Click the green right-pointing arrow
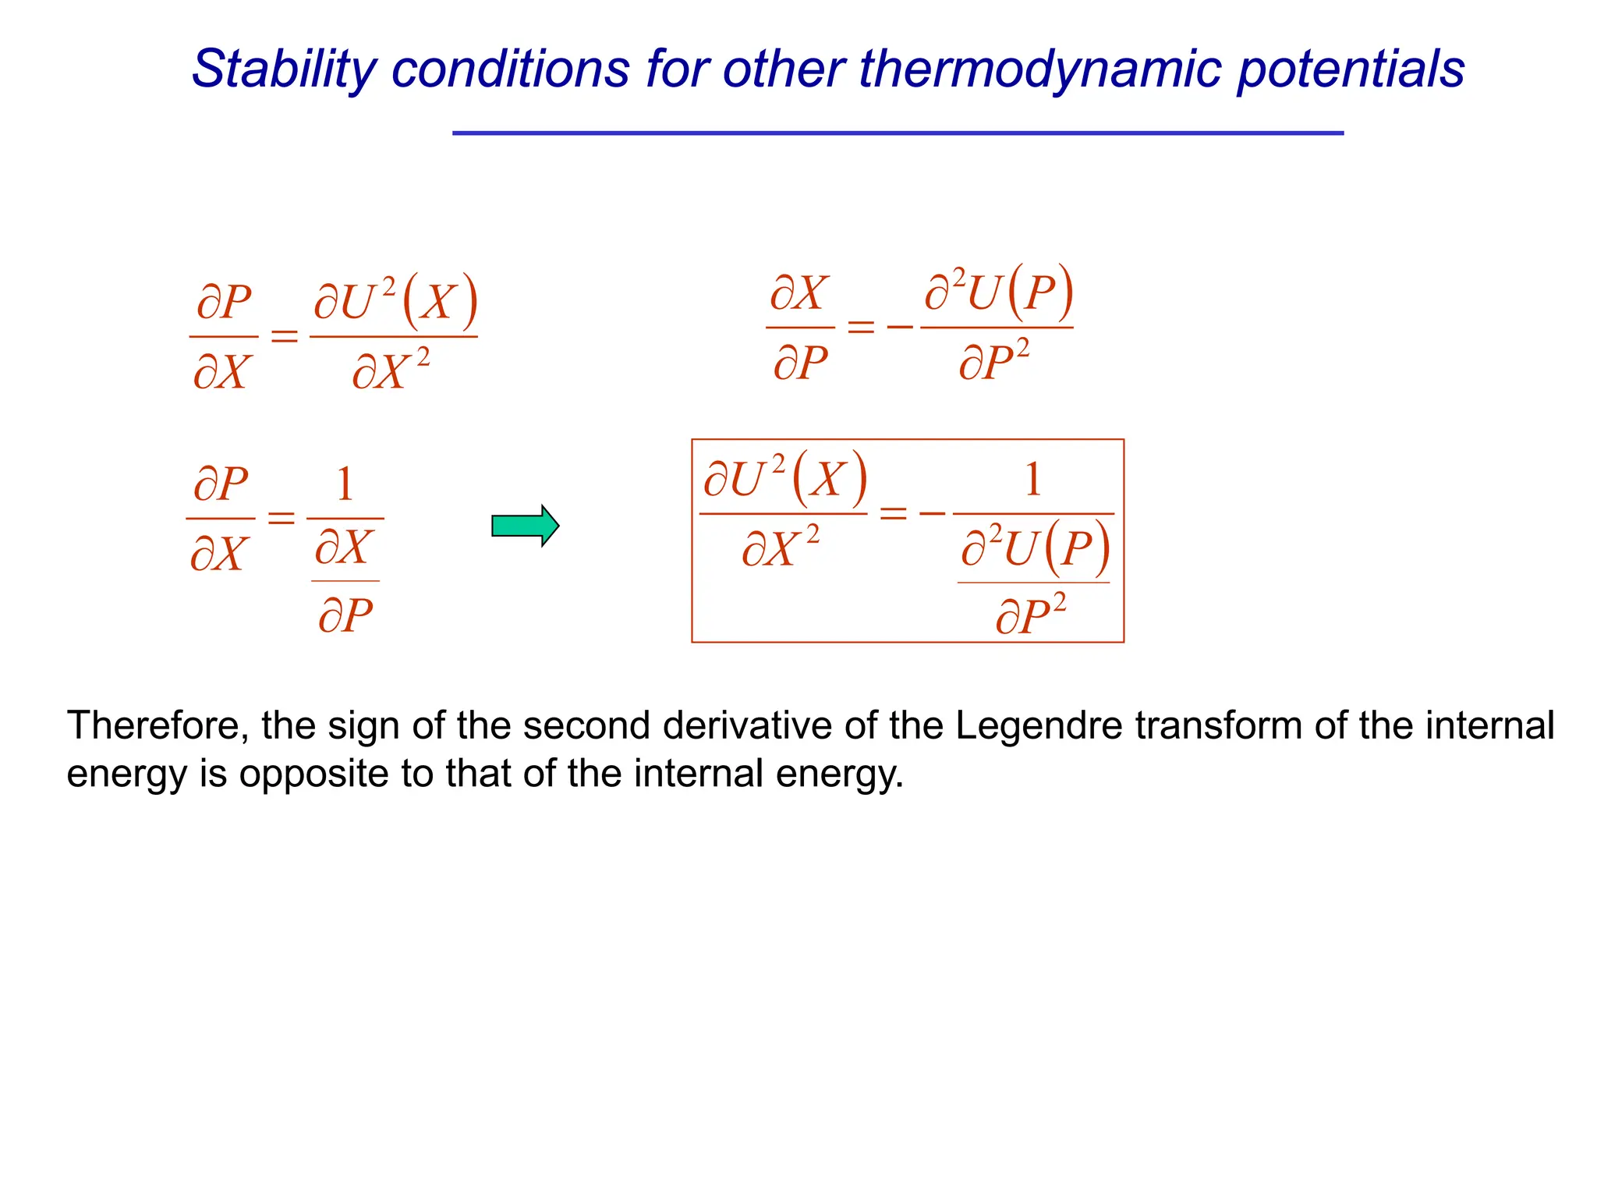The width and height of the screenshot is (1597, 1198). (525, 526)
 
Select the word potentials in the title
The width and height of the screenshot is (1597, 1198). (1351, 69)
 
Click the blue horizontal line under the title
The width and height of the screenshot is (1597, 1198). (898, 133)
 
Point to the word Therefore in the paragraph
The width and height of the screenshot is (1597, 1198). (158, 725)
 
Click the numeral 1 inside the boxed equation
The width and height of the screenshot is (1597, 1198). (1032, 480)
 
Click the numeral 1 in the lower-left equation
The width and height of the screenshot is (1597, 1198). (345, 484)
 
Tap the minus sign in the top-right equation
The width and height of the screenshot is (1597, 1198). (900, 326)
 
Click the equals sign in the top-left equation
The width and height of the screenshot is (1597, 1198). (284, 336)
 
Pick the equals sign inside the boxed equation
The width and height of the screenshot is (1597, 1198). (893, 513)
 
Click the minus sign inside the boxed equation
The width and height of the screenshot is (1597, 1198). (932, 513)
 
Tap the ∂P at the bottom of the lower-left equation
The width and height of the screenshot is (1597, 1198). (345, 615)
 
